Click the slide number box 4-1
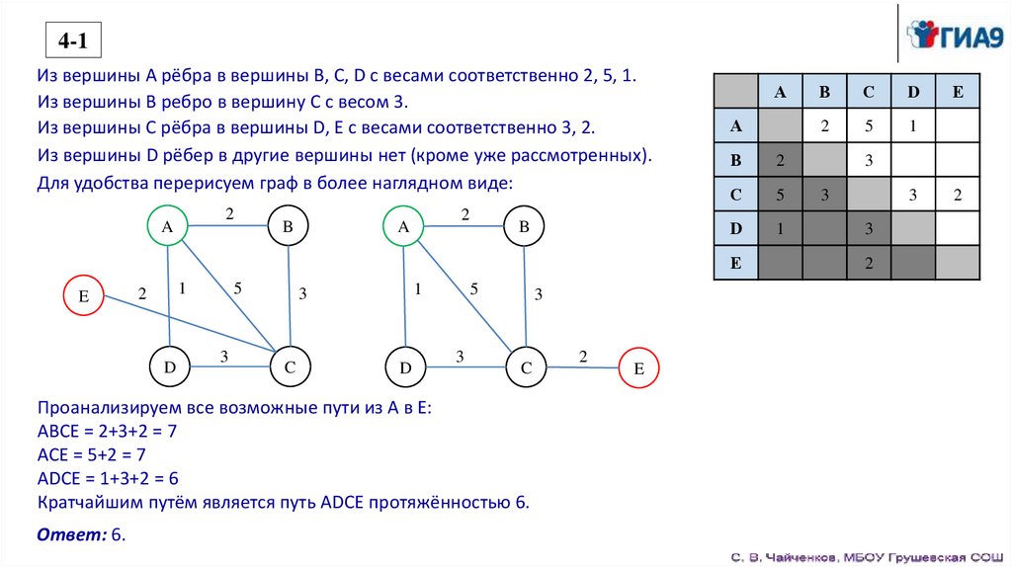coord(74,42)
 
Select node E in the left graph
coord(83,295)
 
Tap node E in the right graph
coord(638,368)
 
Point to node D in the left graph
coord(170,367)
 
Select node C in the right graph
coord(526,367)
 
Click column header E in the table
coord(957,92)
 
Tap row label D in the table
coord(735,228)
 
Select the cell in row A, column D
coord(913,126)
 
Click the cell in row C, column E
coord(957,195)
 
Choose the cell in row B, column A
coord(780,160)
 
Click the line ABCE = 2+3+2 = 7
coord(107,432)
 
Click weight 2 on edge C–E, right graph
coord(582,356)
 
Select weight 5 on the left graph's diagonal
coord(237,288)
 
